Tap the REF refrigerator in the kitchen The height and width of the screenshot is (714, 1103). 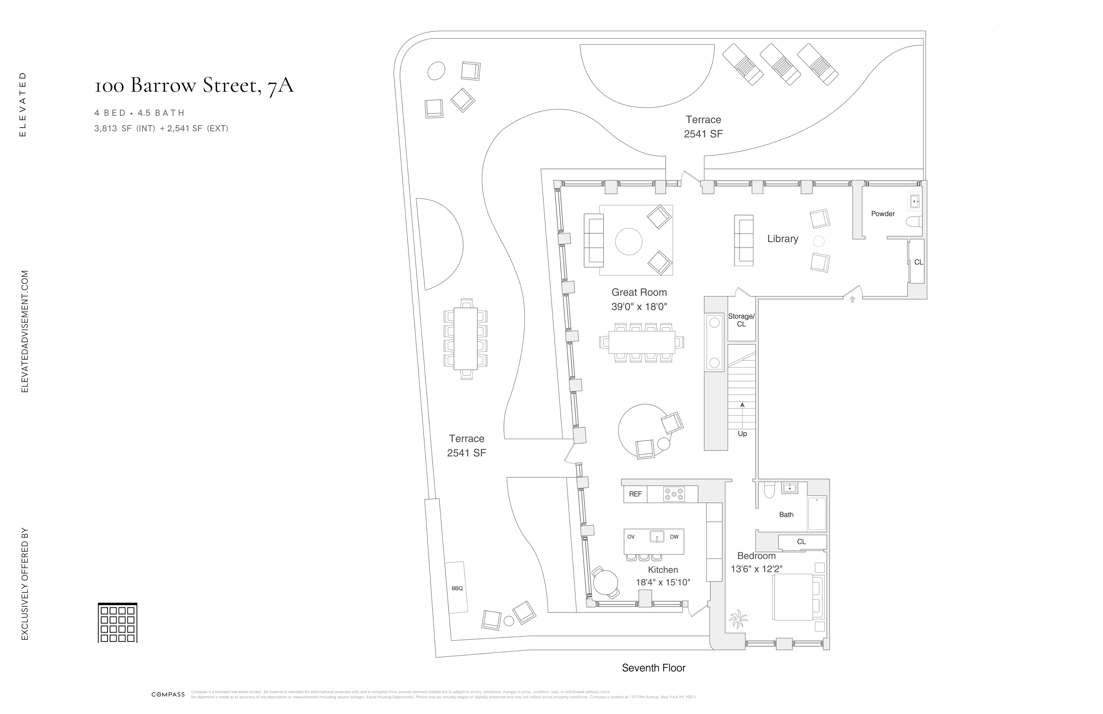coord(635,494)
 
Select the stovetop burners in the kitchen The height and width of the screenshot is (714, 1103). coord(673,494)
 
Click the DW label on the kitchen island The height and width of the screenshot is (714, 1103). coord(674,537)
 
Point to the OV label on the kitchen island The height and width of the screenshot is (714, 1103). coord(631,537)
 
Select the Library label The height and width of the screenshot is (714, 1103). coord(782,239)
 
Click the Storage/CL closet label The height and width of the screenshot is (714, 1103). coord(741,320)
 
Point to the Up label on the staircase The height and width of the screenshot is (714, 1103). coord(742,434)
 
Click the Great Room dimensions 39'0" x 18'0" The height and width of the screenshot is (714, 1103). coord(639,306)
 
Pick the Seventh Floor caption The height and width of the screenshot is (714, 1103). coord(653,668)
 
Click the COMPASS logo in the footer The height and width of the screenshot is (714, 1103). coord(168,694)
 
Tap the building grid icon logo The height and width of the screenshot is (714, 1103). coord(117,622)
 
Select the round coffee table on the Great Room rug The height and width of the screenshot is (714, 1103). coord(628,241)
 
